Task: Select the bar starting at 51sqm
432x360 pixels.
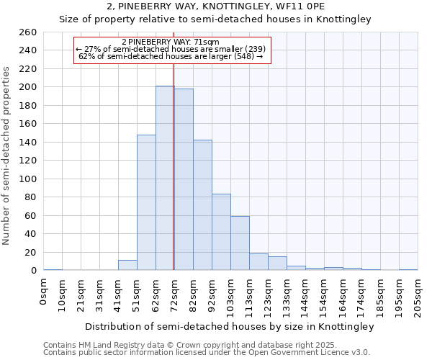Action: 146,202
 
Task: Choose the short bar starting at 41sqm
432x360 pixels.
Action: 127,265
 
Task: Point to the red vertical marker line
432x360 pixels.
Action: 174,180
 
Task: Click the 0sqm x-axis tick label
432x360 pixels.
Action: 44,292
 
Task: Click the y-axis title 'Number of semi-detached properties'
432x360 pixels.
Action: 7,155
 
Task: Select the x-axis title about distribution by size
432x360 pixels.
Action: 230,327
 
